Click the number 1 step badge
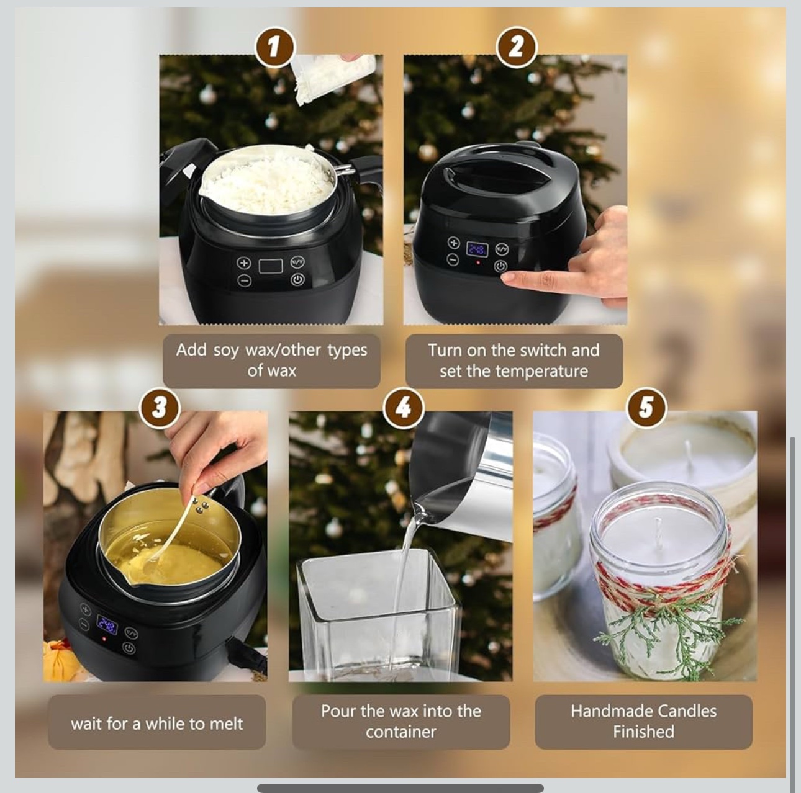tap(274, 47)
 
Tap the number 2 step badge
tap(516, 47)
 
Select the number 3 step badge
tap(160, 408)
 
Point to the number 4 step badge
tap(403, 408)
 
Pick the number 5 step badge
tap(646, 408)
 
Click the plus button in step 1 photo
tap(244, 262)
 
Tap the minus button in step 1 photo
tap(244, 280)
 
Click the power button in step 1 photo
tap(297, 279)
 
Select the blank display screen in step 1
tap(271, 266)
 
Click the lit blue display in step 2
tap(477, 249)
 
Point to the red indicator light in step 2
tap(478, 262)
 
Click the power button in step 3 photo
tap(129, 648)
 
